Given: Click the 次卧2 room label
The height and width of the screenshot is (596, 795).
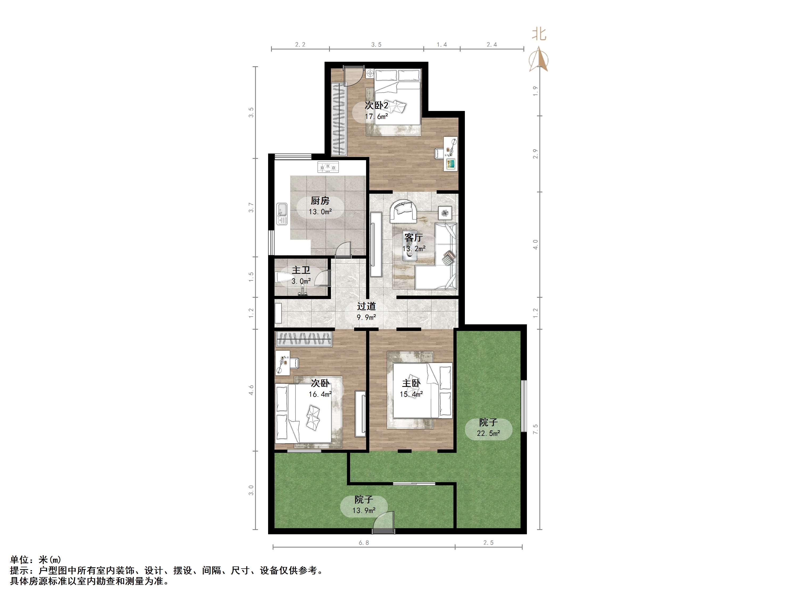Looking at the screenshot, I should [376, 105].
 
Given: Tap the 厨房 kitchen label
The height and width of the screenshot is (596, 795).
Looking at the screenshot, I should [320, 201].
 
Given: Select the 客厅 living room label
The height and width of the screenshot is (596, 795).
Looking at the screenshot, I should [413, 237].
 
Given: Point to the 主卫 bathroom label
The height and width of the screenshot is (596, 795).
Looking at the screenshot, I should [301, 270].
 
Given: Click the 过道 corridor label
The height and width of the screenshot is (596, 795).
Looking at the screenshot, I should [366, 306].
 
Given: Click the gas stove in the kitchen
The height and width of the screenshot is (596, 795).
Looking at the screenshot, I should [328, 167].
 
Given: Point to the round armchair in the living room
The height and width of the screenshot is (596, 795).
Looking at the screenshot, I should [404, 212].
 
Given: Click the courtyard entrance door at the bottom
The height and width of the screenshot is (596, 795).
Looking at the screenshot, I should [383, 525].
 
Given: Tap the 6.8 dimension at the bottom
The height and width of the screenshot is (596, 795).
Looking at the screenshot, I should [364, 543].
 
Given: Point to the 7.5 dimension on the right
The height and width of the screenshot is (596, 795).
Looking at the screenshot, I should [535, 429].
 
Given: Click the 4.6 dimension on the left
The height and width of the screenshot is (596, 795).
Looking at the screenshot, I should [251, 390].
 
